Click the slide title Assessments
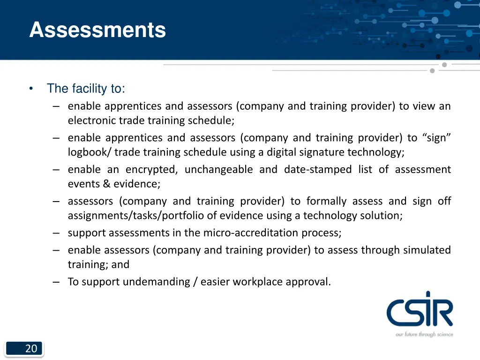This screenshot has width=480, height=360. (x=97, y=30)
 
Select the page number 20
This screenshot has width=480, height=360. (x=31, y=348)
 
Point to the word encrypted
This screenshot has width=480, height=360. (x=150, y=169)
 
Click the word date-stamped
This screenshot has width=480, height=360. (x=317, y=169)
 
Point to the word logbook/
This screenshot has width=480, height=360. (x=89, y=152)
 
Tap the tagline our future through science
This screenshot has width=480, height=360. (x=424, y=334)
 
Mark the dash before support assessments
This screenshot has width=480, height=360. (x=56, y=233)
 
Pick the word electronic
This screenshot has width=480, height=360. (x=92, y=120)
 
